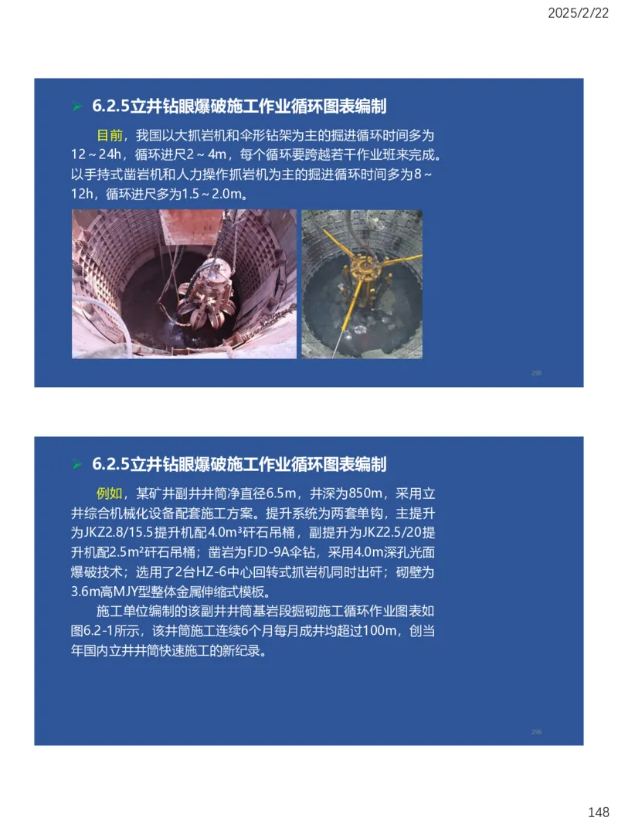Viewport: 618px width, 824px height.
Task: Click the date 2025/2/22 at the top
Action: [x=577, y=13]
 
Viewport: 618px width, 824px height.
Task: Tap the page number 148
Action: [x=598, y=812]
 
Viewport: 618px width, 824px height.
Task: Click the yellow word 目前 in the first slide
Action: [x=109, y=134]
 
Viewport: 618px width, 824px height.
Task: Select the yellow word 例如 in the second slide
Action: [x=109, y=493]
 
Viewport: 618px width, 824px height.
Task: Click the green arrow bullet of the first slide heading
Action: [x=76, y=106]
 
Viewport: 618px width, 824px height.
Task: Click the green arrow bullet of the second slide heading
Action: [x=76, y=464]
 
